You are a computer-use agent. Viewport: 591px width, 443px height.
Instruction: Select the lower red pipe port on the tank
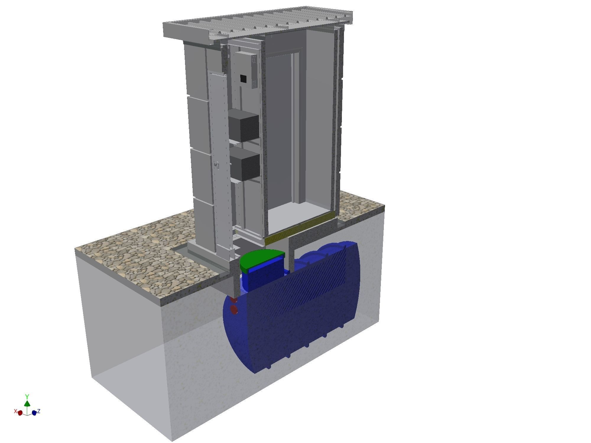(234, 310)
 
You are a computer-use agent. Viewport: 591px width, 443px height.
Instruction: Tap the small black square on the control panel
(243, 79)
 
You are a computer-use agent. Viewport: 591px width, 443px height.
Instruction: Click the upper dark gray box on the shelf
(243, 125)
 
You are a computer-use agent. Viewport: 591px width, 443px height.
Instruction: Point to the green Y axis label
(27, 396)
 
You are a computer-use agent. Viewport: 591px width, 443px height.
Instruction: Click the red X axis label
(15, 411)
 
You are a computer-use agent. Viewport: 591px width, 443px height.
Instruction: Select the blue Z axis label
(39, 411)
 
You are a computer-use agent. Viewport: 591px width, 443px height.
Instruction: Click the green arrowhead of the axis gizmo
(27, 403)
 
